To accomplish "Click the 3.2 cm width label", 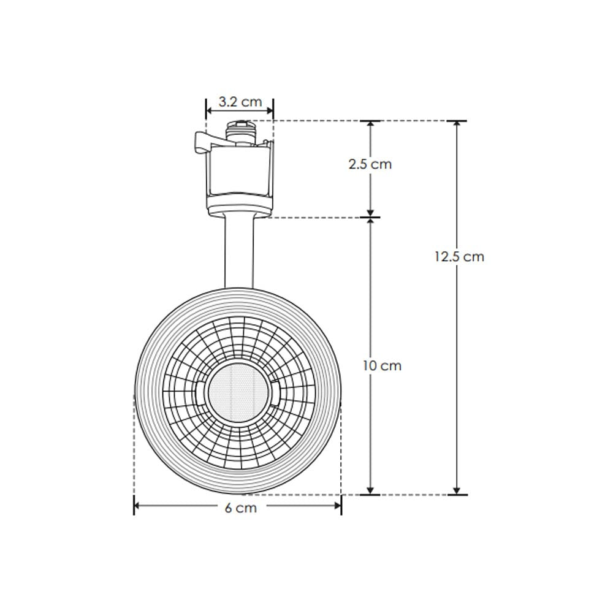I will point(240,102).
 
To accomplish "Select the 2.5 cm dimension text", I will point(370,164).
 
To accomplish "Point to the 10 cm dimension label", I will point(381,366).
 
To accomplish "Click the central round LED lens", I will point(237,390).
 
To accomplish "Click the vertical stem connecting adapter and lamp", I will point(239,251).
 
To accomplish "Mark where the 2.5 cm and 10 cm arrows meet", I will point(370,217).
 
